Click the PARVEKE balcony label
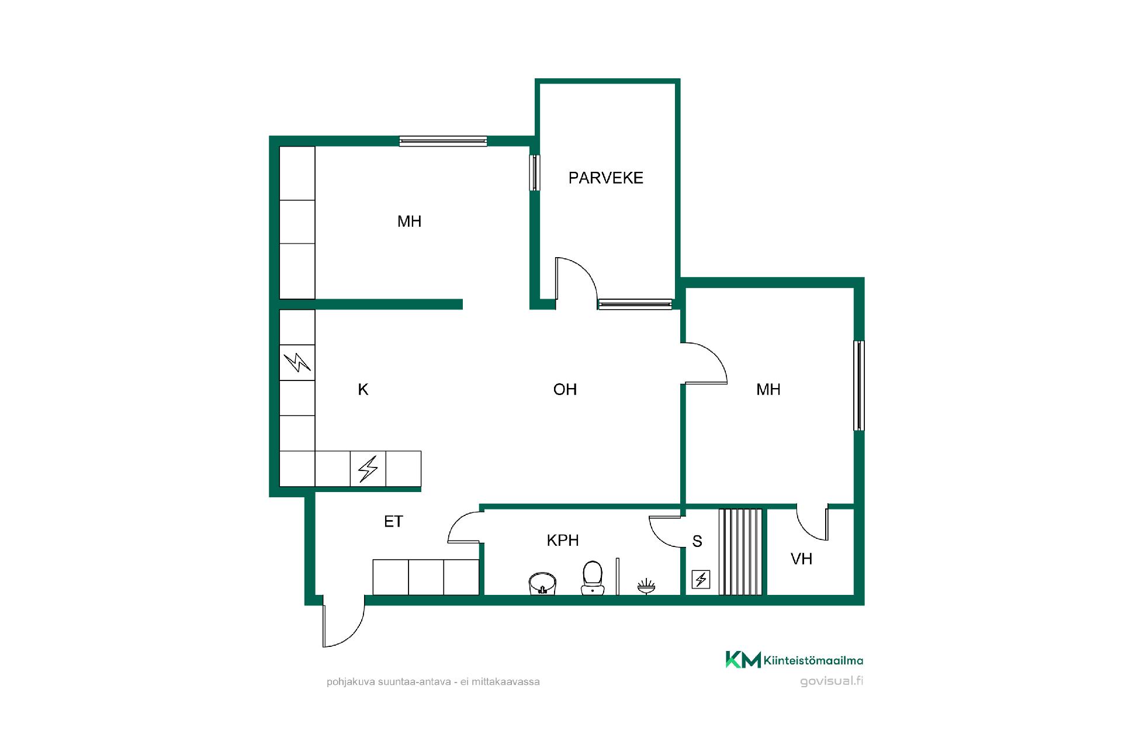pyautogui.click(x=605, y=178)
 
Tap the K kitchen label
pyautogui.click(x=363, y=390)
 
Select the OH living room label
pyautogui.click(x=565, y=390)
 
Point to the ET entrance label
pyautogui.click(x=393, y=521)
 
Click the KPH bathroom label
pyautogui.click(x=563, y=541)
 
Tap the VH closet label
pyautogui.click(x=801, y=559)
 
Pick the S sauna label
pyautogui.click(x=697, y=542)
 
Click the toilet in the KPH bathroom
pyautogui.click(x=593, y=578)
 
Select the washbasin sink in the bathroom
pyautogui.click(x=542, y=583)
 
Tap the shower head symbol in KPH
pyautogui.click(x=646, y=586)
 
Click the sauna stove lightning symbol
pyautogui.click(x=701, y=580)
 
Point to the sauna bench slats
pyautogui.click(x=740, y=552)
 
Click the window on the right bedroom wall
pyautogui.click(x=859, y=386)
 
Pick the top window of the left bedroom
pyautogui.click(x=443, y=141)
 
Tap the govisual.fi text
pyautogui.click(x=832, y=681)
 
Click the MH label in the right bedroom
pyautogui.click(x=768, y=390)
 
